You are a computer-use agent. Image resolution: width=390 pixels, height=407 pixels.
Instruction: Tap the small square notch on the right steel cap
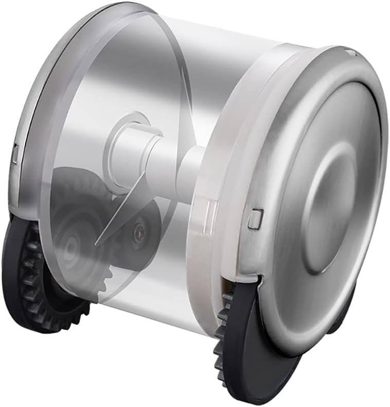coord(253,219)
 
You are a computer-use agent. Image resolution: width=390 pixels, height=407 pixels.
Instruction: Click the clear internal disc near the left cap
coord(103,103)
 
